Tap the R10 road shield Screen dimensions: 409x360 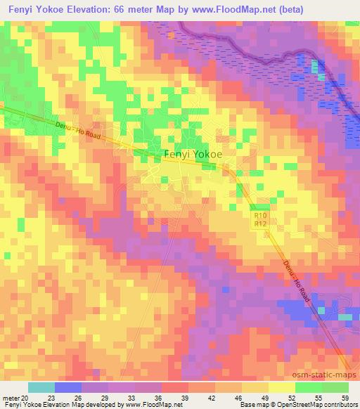point(260,216)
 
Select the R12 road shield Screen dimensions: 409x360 point(260,223)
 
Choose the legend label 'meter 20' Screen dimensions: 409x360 point(15,398)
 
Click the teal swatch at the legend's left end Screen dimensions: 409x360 point(41,387)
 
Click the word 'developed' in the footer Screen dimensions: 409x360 point(105,405)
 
